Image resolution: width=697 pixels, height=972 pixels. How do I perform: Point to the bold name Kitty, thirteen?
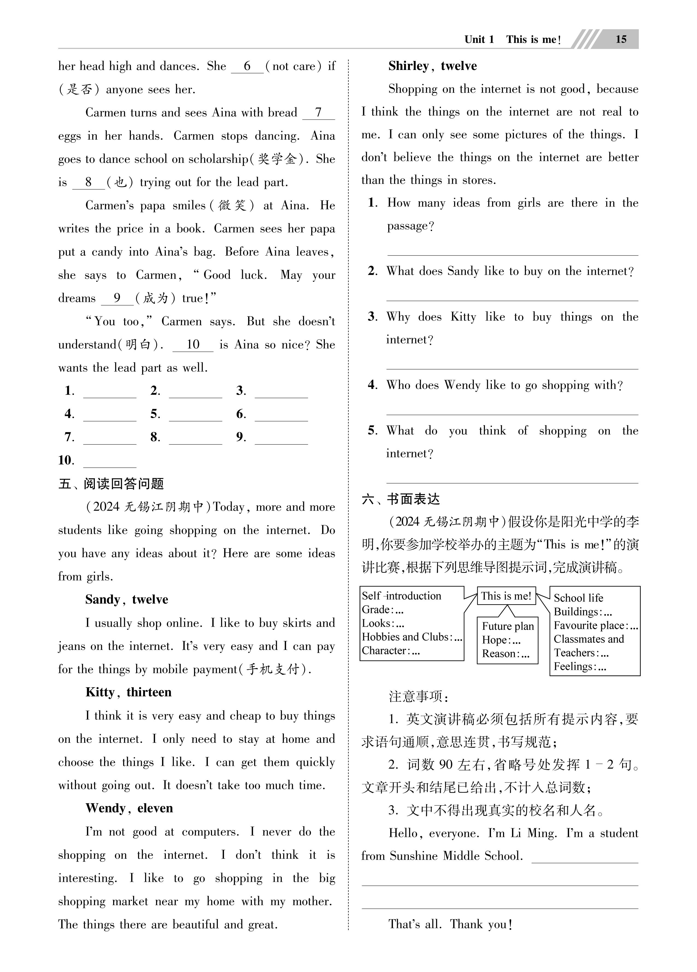(x=128, y=692)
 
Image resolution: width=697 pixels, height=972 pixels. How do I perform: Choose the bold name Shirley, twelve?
(x=432, y=66)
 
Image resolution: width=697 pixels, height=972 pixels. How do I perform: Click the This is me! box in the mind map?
(x=506, y=596)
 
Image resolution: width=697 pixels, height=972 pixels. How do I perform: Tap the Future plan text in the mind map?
(x=508, y=626)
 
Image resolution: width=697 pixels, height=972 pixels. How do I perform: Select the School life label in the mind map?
(x=578, y=598)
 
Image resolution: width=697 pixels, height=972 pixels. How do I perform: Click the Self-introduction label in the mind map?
(x=401, y=596)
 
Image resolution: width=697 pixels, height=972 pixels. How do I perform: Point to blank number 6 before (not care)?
(x=247, y=67)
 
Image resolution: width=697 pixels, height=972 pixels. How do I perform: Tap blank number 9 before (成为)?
(x=117, y=299)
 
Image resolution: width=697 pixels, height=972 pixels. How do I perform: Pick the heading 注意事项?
(x=418, y=696)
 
